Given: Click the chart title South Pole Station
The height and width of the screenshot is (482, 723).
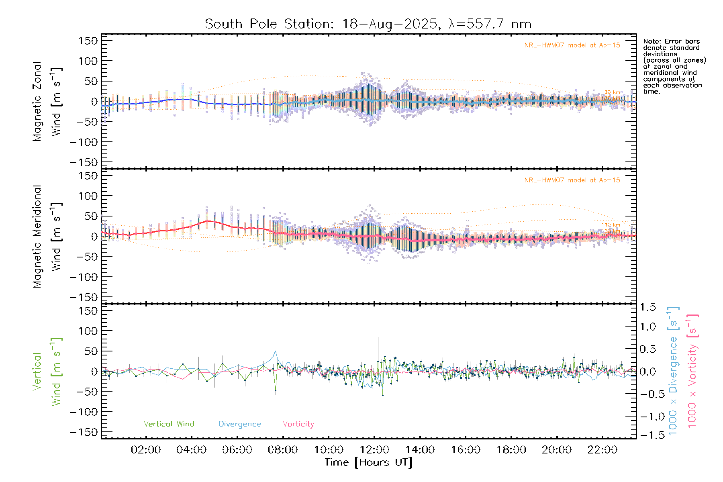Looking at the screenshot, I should [368, 24].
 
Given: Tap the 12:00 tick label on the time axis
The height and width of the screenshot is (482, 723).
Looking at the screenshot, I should [374, 450].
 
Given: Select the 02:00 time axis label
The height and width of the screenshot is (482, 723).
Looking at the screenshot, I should [146, 450].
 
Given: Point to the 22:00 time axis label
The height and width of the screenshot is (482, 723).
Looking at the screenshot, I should [602, 450].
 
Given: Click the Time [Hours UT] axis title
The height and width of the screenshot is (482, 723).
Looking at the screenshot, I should [368, 462].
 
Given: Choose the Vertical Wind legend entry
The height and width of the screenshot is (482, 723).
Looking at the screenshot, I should [169, 424].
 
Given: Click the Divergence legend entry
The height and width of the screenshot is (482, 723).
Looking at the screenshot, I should [240, 424].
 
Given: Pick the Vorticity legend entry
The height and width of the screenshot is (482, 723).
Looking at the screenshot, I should [298, 424].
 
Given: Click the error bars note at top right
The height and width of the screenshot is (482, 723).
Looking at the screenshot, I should [674, 66].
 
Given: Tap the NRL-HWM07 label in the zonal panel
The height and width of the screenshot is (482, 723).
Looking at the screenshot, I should [572, 45].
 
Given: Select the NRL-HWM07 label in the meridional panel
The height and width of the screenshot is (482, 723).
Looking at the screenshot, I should [572, 180].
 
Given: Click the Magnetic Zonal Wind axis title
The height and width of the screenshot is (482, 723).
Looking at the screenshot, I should [47, 102].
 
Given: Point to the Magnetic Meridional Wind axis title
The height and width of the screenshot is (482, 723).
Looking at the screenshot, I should [47, 237].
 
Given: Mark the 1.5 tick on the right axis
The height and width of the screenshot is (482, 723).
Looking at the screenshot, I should [647, 307].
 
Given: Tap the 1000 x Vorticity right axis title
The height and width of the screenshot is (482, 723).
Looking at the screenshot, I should [692, 371].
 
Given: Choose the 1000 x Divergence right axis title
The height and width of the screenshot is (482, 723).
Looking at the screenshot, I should [673, 371].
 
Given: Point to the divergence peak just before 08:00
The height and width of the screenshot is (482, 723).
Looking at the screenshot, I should [275, 351].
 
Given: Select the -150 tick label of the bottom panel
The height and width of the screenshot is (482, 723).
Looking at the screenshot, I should [84, 432].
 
